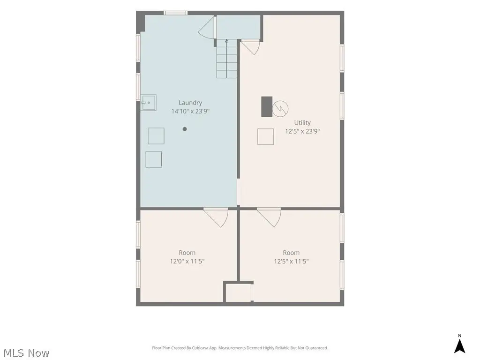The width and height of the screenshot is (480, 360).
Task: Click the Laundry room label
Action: point(190,103)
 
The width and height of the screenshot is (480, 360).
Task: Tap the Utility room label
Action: point(302,123)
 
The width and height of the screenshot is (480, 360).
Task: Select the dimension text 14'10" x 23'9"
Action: point(190,111)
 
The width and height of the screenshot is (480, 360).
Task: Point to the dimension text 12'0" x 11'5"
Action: point(187,261)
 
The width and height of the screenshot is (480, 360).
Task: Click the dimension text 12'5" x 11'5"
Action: point(291,261)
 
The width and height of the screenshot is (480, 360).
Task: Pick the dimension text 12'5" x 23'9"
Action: point(302,131)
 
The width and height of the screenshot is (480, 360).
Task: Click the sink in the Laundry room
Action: point(149,103)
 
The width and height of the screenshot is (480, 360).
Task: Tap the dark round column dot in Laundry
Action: point(185,129)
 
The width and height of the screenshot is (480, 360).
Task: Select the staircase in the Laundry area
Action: point(226,59)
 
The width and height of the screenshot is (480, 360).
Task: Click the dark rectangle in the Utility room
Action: point(267,106)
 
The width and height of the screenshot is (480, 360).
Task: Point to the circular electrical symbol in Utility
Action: point(280,108)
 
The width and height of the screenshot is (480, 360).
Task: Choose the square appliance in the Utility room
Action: point(265,136)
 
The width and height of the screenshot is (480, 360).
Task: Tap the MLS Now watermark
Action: point(26,353)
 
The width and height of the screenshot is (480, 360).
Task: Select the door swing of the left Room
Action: point(216,217)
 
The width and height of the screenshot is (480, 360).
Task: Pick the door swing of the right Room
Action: point(269,217)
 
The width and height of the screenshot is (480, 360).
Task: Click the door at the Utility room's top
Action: point(250,47)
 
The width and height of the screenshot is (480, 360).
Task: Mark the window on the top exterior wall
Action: point(175,13)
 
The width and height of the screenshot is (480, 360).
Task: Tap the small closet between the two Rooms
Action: point(239,292)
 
